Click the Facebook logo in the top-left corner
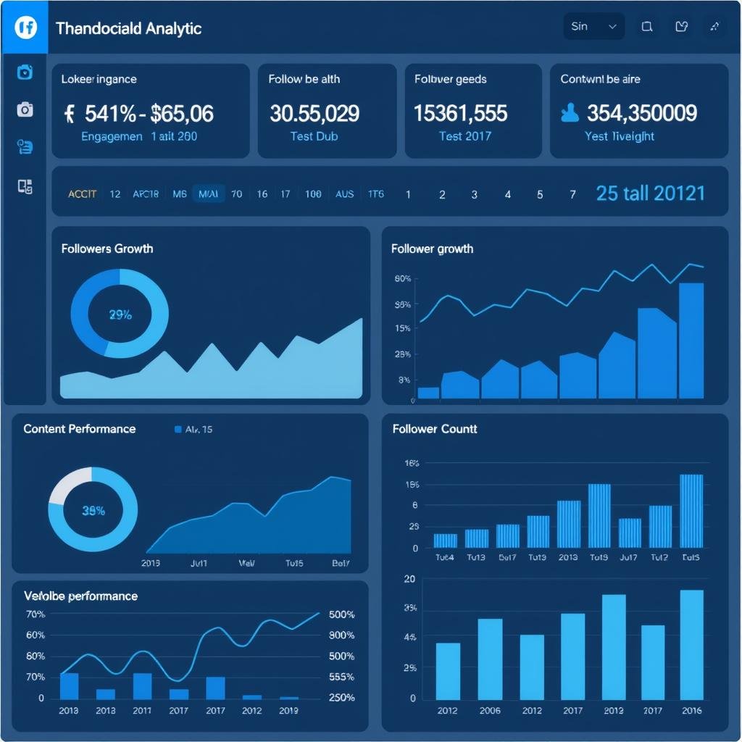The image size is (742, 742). tap(25, 28)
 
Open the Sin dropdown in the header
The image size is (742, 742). tap(593, 27)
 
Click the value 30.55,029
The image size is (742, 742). tap(314, 113)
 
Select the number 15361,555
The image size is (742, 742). tap(460, 113)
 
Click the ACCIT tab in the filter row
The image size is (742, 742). tap(82, 194)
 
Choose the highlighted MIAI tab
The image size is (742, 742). tap(208, 194)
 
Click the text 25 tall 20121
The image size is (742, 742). tap(650, 193)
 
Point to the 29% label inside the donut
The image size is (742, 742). tap(120, 314)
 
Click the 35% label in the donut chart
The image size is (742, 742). tap(93, 510)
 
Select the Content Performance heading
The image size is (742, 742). tap(80, 429)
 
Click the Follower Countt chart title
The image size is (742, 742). tap(435, 429)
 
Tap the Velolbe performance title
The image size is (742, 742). tap(80, 596)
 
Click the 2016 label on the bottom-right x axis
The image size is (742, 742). tap(691, 710)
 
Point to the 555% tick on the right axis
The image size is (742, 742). tap(341, 677)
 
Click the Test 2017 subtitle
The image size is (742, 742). tap(464, 136)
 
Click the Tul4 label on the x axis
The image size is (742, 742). tap(444, 557)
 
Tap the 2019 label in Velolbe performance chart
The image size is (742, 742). tap(288, 710)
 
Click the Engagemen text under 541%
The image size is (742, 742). tap(112, 136)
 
